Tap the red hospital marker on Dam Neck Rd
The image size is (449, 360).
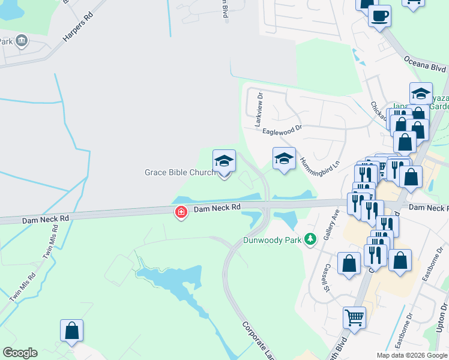coord(181,212)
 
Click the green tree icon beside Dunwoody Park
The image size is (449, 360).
coord(310,239)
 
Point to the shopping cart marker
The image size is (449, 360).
coord(354,317)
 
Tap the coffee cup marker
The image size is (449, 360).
coord(379,16)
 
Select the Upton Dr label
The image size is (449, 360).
coord(443,317)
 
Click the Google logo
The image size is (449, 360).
coord(20,353)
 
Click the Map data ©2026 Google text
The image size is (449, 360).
coord(411,355)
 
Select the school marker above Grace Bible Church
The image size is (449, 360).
coord(224,161)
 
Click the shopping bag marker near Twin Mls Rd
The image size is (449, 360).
coord(71,331)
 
